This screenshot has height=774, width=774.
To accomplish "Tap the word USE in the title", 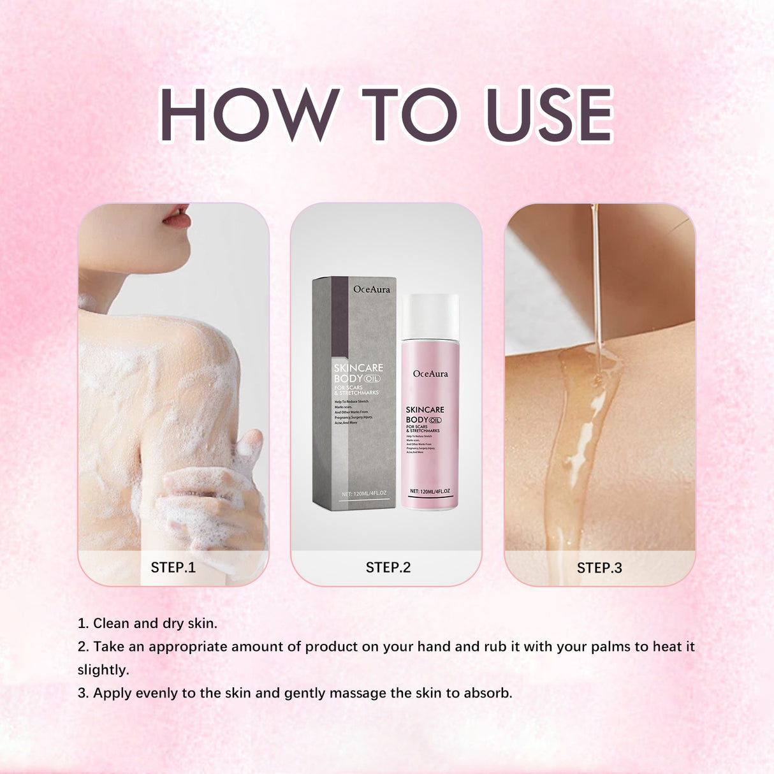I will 548,114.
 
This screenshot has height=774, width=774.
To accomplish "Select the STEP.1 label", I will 173,567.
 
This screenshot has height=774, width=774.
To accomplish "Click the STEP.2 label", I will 388,567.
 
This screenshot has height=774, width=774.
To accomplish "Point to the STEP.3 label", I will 599,568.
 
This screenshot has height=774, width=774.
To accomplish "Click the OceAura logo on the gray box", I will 371,289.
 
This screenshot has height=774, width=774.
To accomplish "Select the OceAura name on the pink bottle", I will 430,374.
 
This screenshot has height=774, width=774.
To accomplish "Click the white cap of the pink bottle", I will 430,316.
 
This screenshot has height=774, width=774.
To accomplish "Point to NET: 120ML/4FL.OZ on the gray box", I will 363,493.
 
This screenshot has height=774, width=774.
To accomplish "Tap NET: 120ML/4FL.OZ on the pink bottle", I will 430,492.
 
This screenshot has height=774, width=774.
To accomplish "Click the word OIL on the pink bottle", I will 435,420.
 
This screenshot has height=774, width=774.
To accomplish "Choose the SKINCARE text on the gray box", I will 358,368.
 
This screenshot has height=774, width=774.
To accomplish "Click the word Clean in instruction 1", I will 112,624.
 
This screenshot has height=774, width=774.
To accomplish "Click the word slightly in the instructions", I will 103,670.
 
